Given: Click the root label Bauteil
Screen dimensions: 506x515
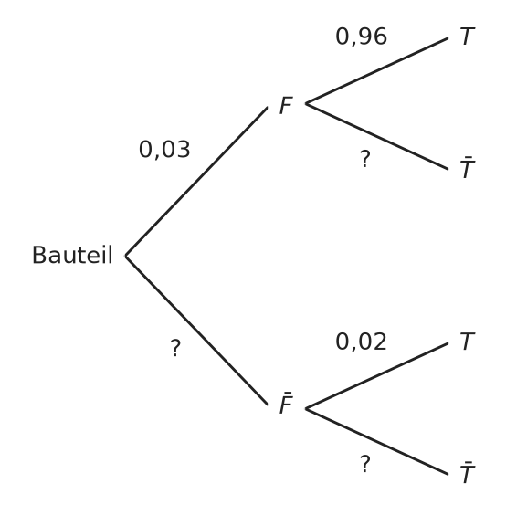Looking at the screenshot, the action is (72, 255).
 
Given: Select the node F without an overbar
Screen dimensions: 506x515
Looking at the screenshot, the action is (286, 105).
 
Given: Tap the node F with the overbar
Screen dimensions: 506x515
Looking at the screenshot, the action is (286, 403).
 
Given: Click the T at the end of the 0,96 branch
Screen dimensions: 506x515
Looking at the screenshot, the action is (467, 37).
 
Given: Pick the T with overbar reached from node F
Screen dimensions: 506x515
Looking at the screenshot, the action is (467, 167).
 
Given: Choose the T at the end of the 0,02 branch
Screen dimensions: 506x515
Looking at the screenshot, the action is (467, 342).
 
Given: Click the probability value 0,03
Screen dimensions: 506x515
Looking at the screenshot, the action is (164, 150).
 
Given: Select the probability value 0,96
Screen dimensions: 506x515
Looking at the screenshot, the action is (361, 37).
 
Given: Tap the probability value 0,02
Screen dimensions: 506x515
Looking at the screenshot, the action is (361, 342).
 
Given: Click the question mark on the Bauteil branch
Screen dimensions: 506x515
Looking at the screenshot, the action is (175, 348).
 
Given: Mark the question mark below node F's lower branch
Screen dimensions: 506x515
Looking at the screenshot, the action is (365, 159).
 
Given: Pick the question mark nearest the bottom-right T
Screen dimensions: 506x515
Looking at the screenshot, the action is (365, 464).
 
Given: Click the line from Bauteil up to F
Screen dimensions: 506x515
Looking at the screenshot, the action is (196, 182).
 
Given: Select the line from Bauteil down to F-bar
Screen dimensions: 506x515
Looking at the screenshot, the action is (196, 331).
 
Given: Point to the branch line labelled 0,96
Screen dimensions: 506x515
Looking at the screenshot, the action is (376, 71).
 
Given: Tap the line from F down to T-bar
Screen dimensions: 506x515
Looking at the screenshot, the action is (376, 136).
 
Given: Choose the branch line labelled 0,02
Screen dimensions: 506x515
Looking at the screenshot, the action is (376, 376).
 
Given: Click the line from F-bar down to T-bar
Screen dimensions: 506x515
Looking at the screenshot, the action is (376, 441).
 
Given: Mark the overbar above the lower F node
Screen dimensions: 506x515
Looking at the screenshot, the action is (288, 393).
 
